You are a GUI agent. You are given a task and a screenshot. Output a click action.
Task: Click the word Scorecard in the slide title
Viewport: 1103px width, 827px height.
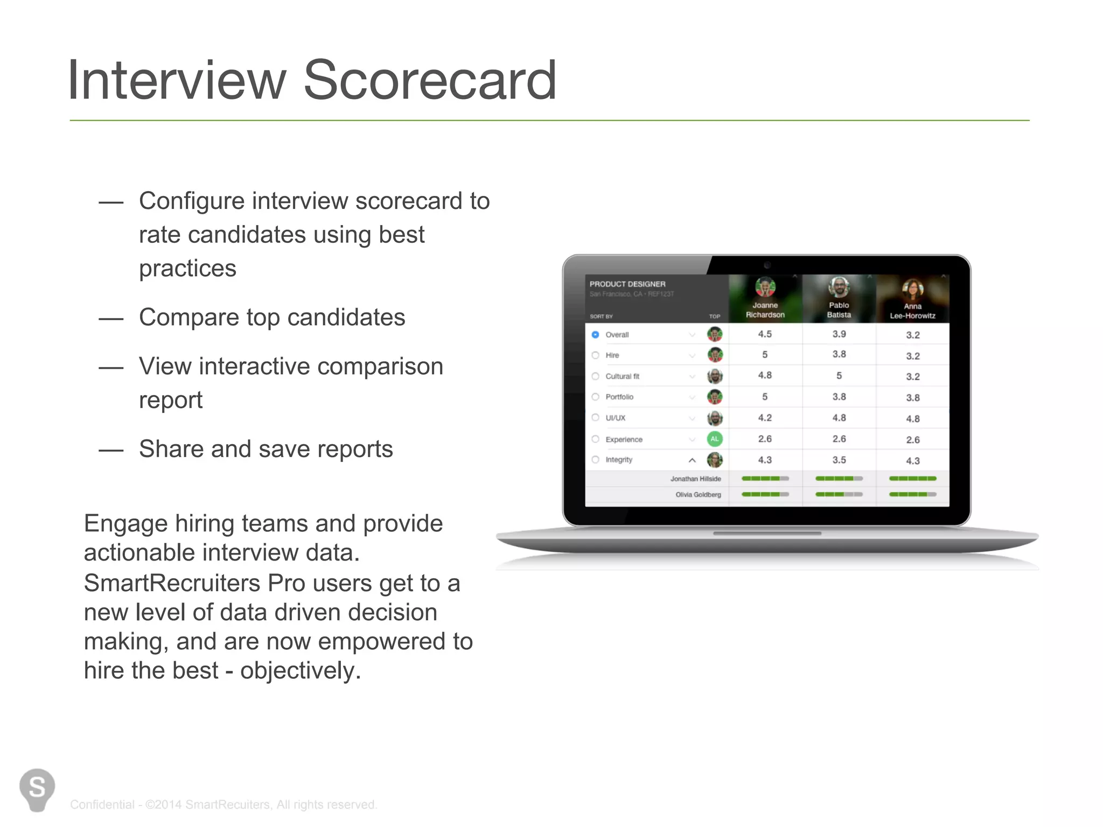click(x=429, y=81)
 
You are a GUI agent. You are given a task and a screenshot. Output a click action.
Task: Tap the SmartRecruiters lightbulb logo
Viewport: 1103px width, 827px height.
click(x=37, y=789)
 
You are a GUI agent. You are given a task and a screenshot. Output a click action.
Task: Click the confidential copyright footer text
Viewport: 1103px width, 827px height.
click(x=224, y=804)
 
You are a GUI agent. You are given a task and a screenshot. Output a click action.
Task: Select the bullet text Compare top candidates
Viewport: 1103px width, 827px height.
click(x=272, y=317)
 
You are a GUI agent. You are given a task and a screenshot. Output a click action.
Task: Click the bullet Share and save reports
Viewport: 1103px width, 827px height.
click(x=266, y=449)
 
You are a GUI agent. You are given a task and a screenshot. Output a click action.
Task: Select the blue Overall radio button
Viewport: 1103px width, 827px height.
click(x=595, y=334)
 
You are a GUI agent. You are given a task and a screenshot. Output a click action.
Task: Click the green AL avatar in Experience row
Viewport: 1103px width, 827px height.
click(x=714, y=439)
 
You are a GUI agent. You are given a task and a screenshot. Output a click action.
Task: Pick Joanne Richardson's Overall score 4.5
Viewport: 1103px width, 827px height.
click(x=765, y=334)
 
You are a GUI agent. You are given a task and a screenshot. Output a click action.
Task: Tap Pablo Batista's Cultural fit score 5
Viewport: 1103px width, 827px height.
click(x=839, y=376)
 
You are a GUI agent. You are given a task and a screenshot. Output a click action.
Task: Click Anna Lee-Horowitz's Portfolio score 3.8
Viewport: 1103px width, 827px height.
click(x=912, y=397)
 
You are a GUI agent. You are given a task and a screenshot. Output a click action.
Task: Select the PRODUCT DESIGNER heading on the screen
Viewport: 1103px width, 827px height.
click(x=627, y=284)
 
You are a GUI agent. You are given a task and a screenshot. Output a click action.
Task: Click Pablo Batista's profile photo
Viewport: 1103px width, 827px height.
click(x=839, y=287)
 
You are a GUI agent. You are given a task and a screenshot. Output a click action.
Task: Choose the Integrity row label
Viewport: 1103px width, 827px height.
click(x=619, y=460)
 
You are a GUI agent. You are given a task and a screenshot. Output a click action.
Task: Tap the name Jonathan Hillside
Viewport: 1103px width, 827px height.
click(x=695, y=479)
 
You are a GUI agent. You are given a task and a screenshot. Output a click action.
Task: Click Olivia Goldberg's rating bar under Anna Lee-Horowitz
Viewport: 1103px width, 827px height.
click(x=912, y=494)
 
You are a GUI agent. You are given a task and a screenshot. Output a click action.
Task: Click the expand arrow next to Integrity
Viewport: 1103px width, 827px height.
click(x=692, y=460)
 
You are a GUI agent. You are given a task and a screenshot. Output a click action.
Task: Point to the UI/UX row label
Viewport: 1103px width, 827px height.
click(x=615, y=418)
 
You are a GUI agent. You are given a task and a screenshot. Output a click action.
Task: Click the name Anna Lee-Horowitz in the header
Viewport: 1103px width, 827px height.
click(x=912, y=311)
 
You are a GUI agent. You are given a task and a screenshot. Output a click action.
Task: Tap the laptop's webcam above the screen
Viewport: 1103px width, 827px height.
click(x=767, y=265)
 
